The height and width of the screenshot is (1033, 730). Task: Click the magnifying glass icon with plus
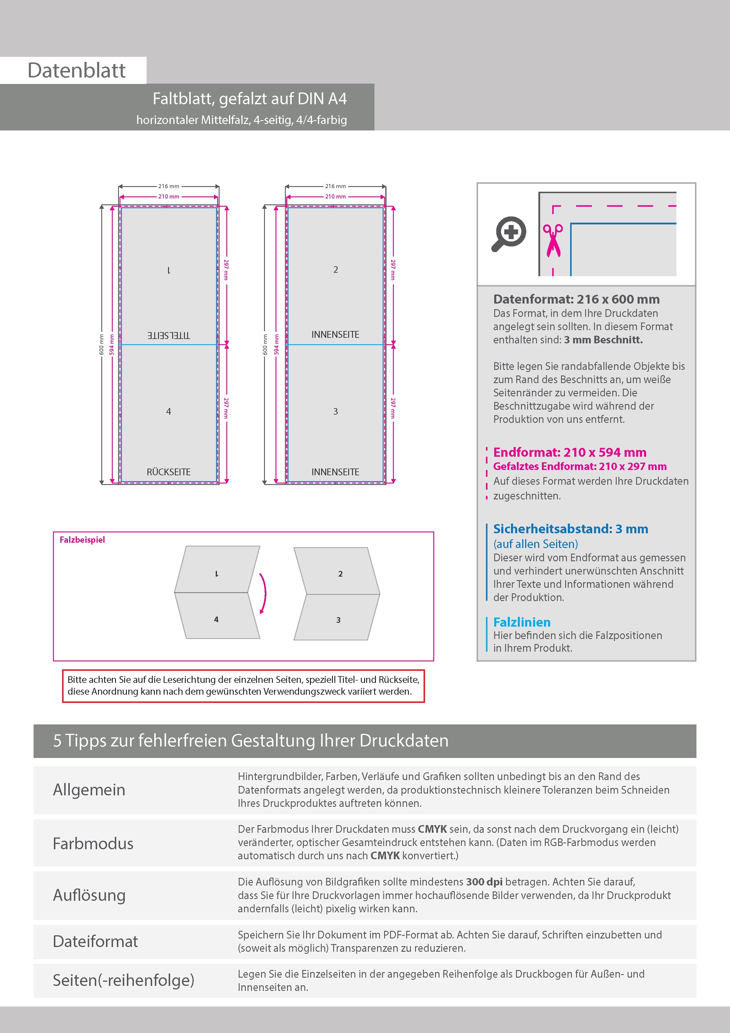pos(509,234)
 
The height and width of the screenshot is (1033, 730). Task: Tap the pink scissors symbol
pos(553,240)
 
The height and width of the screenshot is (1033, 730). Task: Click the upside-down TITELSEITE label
pos(169,335)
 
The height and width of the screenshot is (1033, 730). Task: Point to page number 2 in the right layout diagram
pos(336,269)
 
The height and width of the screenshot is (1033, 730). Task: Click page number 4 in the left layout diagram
pos(169,411)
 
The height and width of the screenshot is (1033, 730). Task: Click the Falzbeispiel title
pos(82,539)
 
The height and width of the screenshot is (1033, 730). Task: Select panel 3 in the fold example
pos(338,620)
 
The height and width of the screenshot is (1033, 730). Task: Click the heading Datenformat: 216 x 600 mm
pos(576,299)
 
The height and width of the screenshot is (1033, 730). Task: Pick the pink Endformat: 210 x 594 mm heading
pos(569,452)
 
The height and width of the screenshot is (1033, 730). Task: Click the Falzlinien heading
pos(522,622)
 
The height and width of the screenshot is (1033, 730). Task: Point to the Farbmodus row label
pos(93,843)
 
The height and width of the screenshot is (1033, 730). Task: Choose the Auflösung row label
pos(89,895)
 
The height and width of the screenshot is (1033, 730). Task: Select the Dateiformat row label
pos(95,941)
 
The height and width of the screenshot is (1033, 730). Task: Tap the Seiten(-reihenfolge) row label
pos(123,980)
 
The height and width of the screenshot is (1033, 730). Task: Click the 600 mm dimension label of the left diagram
pos(101,344)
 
